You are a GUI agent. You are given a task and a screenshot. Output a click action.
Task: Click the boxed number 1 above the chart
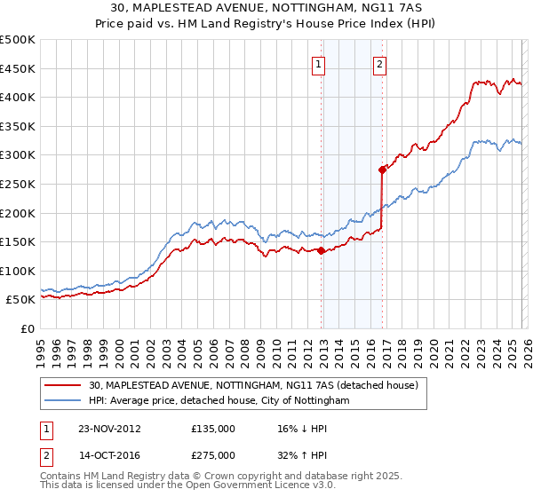[x=318, y=63]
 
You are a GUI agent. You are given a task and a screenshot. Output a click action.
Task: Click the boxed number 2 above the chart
[x=379, y=63]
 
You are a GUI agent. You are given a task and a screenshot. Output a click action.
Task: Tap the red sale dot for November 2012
[x=321, y=250]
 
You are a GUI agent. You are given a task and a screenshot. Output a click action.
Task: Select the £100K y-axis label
[x=18, y=271]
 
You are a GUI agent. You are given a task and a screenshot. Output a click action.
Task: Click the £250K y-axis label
[x=18, y=184]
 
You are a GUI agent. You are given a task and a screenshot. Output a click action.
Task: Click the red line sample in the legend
[x=63, y=385]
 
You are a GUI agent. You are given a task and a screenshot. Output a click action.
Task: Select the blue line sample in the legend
[x=63, y=401]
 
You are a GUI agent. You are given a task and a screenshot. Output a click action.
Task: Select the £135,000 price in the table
[x=213, y=428]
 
